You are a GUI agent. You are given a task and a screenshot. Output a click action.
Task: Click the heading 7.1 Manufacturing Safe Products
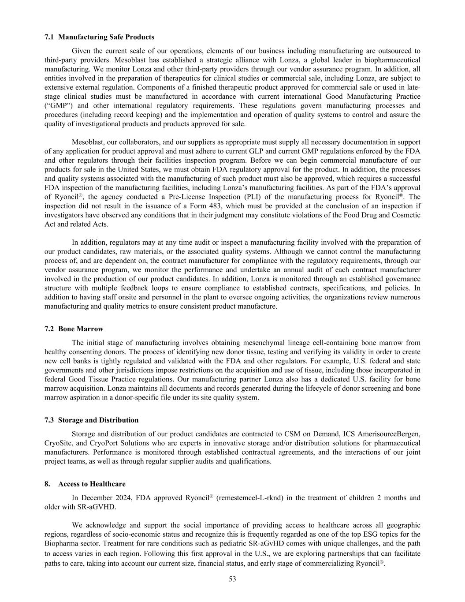(99, 37)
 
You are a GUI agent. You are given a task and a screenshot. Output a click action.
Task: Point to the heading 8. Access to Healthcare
(85, 484)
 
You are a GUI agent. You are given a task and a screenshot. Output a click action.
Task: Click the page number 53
(232, 580)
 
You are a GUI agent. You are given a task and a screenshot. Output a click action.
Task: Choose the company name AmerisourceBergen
(390, 434)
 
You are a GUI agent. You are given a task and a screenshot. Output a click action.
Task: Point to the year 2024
(124, 498)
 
